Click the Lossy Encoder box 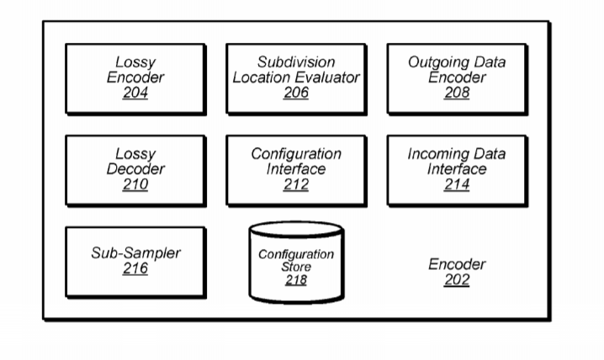[134, 78]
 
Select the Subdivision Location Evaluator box [295, 78]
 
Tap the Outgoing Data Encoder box [457, 78]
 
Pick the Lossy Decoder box [134, 170]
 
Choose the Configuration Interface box [295, 170]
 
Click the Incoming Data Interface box [457, 170]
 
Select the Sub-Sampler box [134, 261]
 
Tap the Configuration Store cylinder [295, 262]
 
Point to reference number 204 [134, 93]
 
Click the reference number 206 [295, 93]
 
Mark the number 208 [457, 93]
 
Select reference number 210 [134, 185]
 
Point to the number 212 [295, 185]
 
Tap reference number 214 [457, 185]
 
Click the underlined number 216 [134, 269]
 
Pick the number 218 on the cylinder [295, 280]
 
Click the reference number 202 [457, 280]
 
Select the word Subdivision [295, 62]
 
